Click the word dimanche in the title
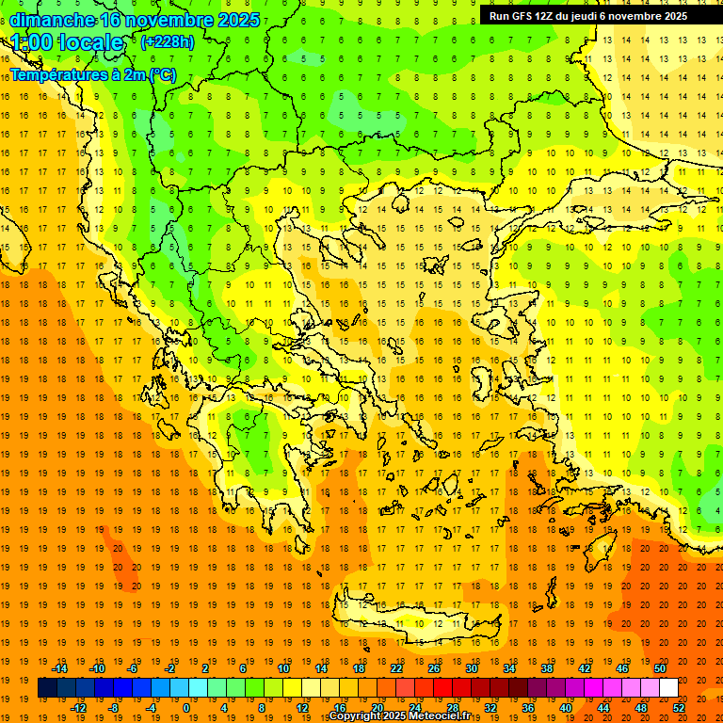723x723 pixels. tap(52, 20)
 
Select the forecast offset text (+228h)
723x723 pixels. tap(168, 41)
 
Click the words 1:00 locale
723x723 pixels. tap(67, 42)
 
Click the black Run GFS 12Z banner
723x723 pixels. tap(600, 15)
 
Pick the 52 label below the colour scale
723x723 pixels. tap(679, 708)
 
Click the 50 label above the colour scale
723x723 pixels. tap(660, 668)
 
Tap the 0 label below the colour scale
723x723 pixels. tap(186, 708)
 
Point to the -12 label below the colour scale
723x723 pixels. tap(78, 708)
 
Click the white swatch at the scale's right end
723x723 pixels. tap(668, 688)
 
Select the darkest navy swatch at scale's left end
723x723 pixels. tap(47, 688)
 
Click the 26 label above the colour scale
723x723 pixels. tap(434, 668)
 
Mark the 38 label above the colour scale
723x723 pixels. tap(547, 668)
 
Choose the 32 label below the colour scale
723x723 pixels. tap(490, 708)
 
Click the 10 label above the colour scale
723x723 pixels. tap(283, 668)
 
